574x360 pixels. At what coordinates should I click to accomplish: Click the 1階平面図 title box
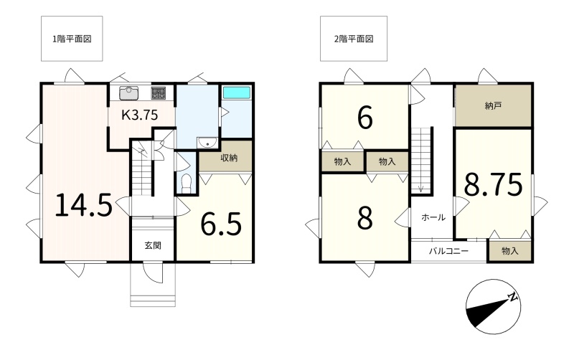(72, 39)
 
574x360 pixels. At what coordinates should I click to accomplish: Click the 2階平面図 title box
(354, 39)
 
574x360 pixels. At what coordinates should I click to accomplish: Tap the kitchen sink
(128, 93)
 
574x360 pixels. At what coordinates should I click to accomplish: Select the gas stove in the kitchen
(159, 93)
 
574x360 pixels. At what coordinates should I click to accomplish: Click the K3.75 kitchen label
(139, 115)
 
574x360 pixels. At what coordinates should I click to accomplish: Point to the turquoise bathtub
(237, 93)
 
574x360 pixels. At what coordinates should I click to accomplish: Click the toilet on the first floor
(187, 184)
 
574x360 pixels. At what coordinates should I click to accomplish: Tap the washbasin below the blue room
(207, 143)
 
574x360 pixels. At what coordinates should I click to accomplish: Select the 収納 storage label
(229, 158)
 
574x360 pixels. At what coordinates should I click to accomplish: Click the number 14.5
(83, 205)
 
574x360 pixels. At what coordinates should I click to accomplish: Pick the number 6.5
(221, 223)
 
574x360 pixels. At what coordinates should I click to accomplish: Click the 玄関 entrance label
(153, 245)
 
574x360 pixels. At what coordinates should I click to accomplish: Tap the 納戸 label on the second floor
(493, 106)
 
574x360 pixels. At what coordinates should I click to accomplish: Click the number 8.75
(493, 185)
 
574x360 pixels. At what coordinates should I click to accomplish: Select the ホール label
(433, 217)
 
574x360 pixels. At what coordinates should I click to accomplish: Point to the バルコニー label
(449, 251)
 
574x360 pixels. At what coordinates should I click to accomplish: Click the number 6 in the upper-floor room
(364, 118)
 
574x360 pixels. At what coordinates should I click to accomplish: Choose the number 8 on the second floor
(364, 218)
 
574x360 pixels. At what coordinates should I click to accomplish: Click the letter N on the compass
(514, 297)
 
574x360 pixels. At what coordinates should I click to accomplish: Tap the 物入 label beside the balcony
(510, 251)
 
